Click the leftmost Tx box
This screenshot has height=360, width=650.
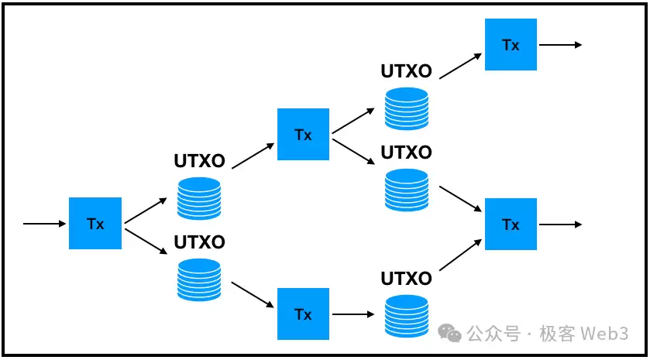coord(95,224)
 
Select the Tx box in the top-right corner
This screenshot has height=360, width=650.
coord(511,45)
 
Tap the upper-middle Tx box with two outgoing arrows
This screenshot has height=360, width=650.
coord(303,135)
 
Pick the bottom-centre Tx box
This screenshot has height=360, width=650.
coord(303,314)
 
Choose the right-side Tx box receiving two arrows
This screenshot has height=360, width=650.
coord(511,225)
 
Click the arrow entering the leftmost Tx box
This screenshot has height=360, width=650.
coord(45,224)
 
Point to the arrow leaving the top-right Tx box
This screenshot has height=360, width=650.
coord(559,45)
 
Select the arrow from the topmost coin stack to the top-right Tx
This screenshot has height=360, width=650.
coord(460,65)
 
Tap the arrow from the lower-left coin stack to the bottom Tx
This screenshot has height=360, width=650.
coord(253,293)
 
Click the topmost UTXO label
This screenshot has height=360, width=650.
coord(406,72)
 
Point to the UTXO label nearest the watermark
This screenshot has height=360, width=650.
coord(406,279)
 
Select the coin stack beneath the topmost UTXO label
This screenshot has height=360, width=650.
coord(406,108)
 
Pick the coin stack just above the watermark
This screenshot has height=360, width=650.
coord(406,314)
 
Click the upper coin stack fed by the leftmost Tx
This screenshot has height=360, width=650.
coord(199,198)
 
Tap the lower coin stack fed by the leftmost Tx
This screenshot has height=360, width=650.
coord(199,279)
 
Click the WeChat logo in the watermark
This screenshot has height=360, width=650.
coord(450,333)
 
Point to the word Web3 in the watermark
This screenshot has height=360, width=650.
coord(610,334)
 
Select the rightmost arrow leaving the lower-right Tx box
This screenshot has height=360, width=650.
coord(559,225)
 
